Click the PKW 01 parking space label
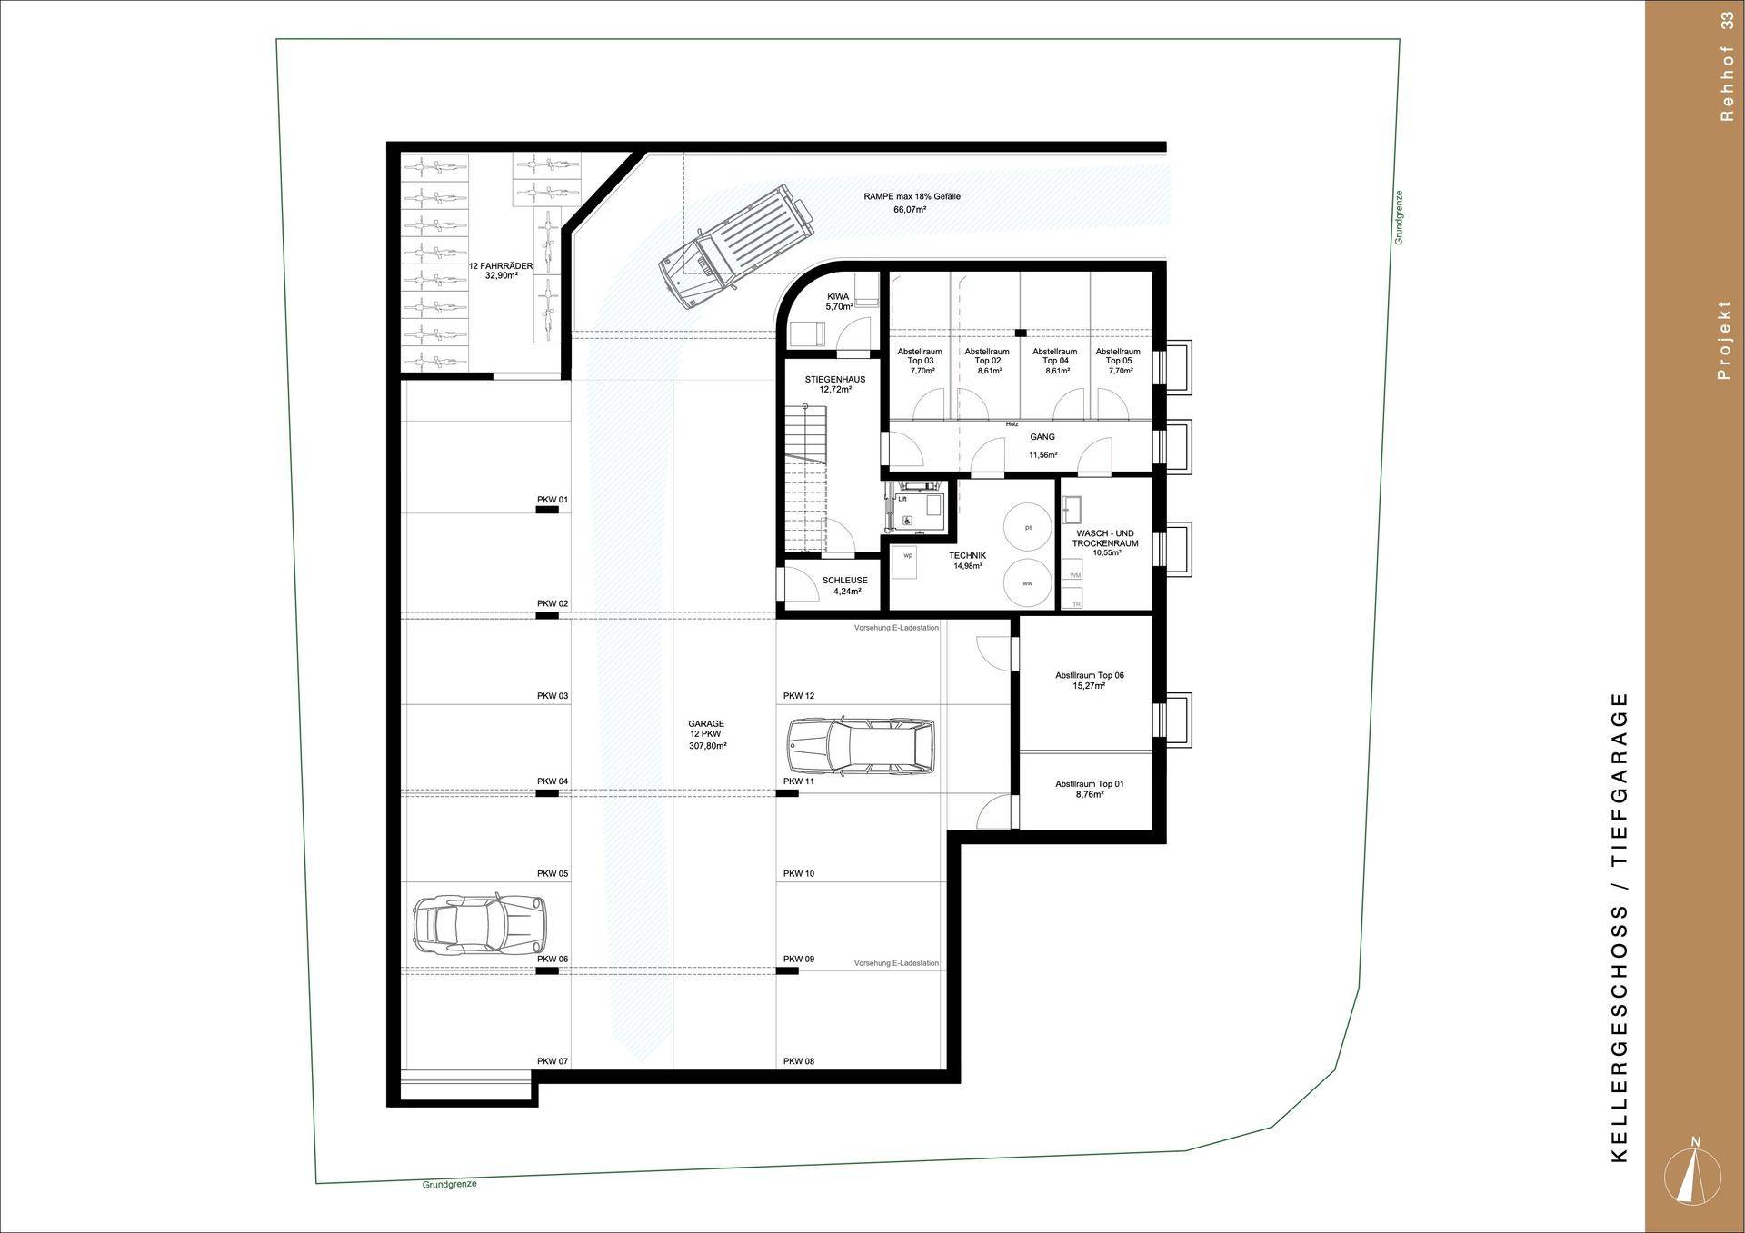click(552, 500)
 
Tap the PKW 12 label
click(798, 696)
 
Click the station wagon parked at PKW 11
click(860, 746)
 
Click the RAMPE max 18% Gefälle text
click(912, 196)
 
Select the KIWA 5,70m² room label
click(838, 302)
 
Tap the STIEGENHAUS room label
click(834, 383)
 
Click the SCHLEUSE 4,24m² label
click(844, 585)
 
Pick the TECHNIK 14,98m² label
click(967, 561)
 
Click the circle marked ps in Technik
click(1028, 527)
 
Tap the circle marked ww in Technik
click(1027, 583)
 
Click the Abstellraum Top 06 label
click(1089, 681)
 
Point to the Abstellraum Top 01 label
click(1089, 789)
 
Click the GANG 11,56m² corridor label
click(1042, 445)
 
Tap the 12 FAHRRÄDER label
click(501, 270)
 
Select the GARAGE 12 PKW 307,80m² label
click(706, 735)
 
